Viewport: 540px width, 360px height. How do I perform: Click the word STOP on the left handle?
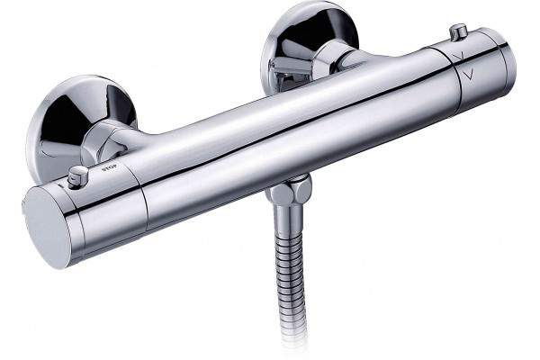coord(109,167)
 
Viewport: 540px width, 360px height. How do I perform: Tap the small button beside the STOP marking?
coord(77,175)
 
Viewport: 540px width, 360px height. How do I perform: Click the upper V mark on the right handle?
coord(458,56)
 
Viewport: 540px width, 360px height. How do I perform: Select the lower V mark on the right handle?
coord(468,74)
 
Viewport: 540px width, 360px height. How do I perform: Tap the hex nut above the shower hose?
coord(289,191)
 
